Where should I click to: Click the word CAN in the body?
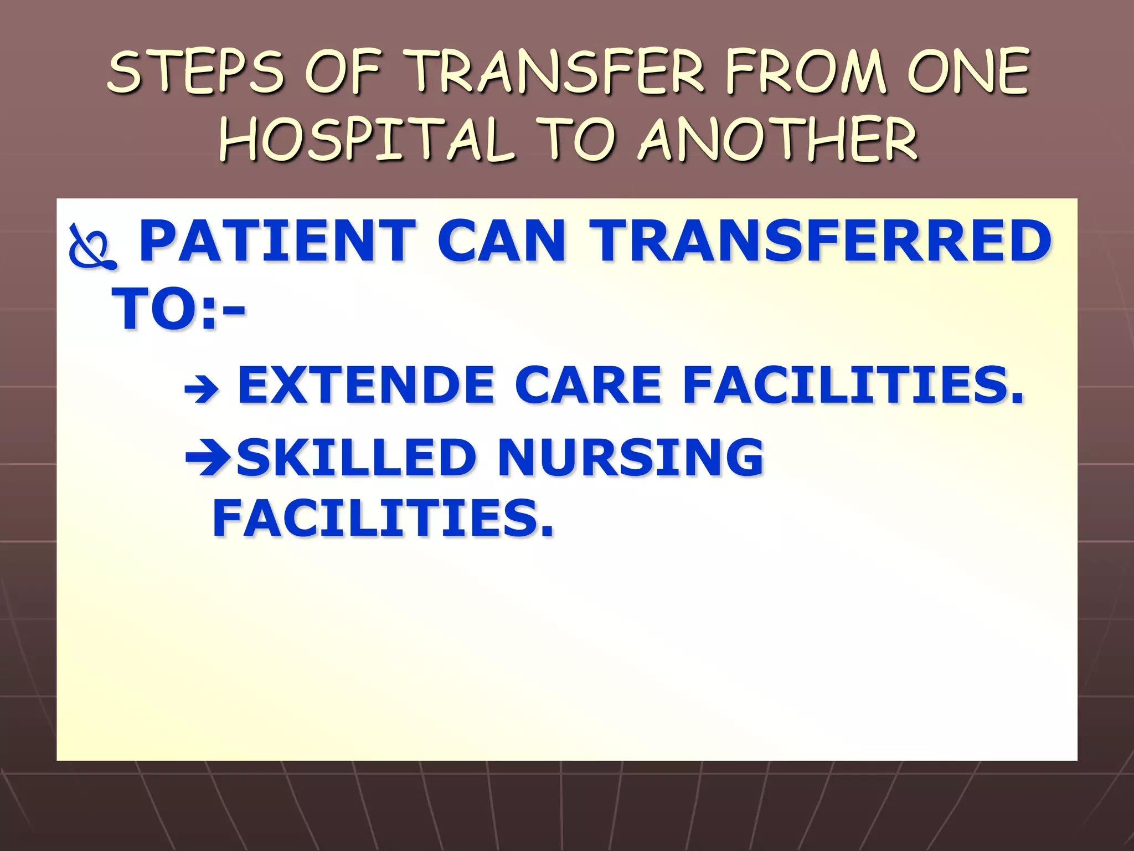[502, 241]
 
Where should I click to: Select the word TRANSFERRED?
[819, 241]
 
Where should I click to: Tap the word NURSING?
[631, 457]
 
